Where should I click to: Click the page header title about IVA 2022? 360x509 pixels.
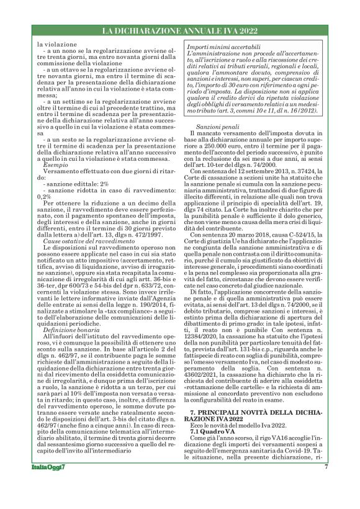click(179, 30)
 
